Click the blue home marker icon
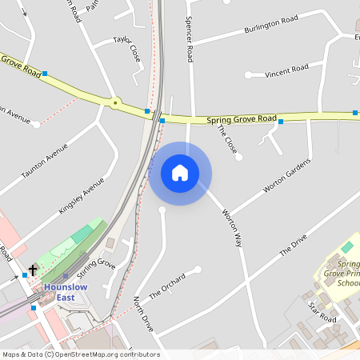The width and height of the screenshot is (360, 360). click(180, 173)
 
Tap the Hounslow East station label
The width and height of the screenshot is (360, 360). click(70, 292)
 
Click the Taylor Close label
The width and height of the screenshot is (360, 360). click(126, 47)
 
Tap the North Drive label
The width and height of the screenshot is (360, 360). click(142, 314)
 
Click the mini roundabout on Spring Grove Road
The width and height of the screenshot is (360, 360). click(116, 102)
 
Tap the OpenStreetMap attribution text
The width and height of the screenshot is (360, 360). click(81, 354)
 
